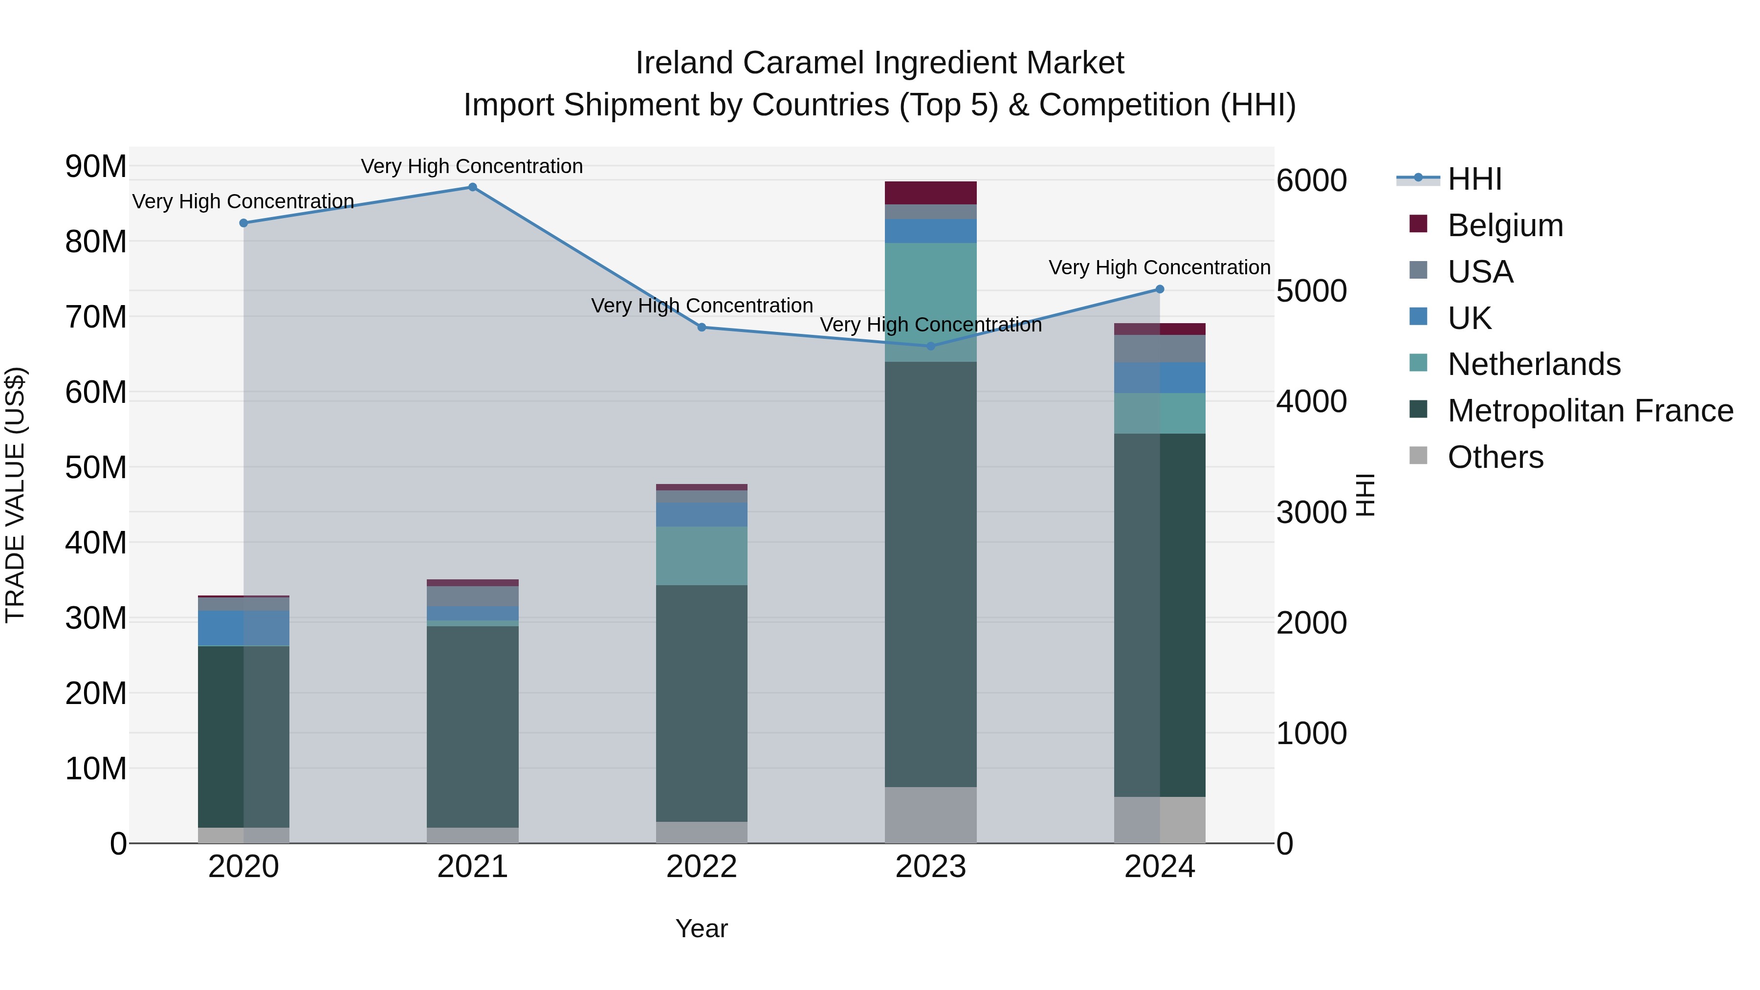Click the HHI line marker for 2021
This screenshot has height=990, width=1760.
click(x=472, y=187)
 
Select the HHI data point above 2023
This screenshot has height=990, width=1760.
click(x=930, y=347)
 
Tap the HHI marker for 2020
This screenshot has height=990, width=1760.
click(x=243, y=223)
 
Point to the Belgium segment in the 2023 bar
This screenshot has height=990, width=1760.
click(x=930, y=193)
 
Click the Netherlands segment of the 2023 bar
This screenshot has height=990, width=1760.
click(x=930, y=302)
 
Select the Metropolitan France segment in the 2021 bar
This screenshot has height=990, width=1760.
click(x=472, y=726)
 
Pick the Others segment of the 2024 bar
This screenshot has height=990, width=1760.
click(x=1160, y=820)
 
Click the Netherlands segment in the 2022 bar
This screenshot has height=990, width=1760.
click(x=701, y=555)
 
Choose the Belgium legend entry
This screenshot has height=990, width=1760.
click(x=1504, y=225)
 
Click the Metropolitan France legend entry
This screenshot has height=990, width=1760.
click(x=1589, y=411)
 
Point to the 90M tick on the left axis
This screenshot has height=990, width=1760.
click(x=96, y=166)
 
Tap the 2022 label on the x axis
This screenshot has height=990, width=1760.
click(x=701, y=867)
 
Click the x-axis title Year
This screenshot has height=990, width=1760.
click(x=701, y=928)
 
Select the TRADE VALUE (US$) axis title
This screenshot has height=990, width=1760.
click(x=15, y=495)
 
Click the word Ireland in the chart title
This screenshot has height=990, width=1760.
click(x=685, y=63)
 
